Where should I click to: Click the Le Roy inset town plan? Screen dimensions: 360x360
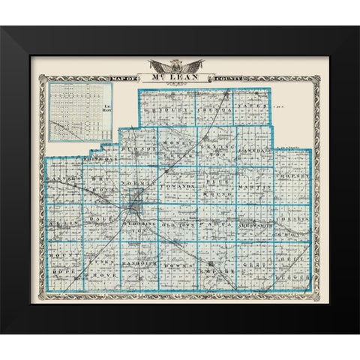point(80,112)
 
